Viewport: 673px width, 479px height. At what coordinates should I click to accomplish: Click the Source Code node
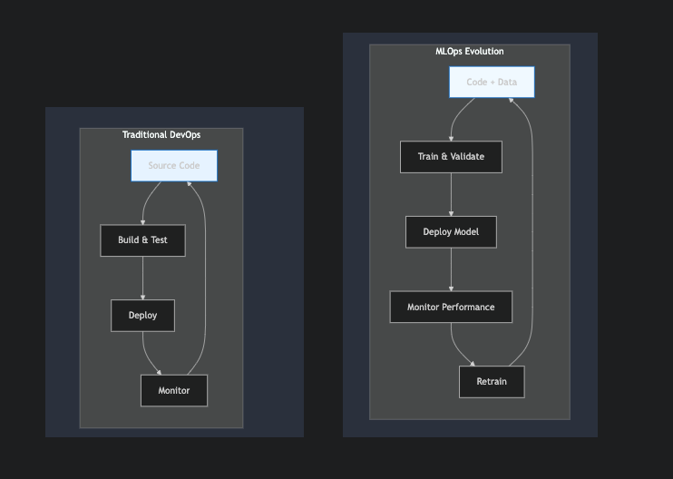[x=174, y=166]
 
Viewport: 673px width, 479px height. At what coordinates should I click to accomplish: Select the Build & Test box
[x=142, y=240]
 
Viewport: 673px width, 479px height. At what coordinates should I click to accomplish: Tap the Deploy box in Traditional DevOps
[x=142, y=316]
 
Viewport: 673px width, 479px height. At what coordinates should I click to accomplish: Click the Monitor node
[x=174, y=390]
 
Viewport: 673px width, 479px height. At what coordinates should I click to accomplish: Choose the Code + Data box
[x=492, y=82]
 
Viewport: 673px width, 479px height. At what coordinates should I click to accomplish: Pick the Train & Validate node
[x=451, y=157]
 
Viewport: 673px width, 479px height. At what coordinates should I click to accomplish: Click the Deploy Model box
[x=451, y=231]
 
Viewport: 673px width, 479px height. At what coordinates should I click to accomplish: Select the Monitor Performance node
[x=451, y=307]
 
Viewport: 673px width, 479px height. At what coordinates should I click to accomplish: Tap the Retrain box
[x=492, y=381]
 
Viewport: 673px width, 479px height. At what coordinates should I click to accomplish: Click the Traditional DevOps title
[x=161, y=135]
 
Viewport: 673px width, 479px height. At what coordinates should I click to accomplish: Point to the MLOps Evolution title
[x=469, y=52]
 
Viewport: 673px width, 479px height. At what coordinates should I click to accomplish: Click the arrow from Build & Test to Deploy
[x=142, y=278]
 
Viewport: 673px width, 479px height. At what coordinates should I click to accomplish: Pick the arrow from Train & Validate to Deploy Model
[x=451, y=194]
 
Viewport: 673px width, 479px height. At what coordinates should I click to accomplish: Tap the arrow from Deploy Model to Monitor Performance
[x=451, y=269]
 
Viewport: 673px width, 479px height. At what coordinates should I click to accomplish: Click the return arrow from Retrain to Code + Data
[x=531, y=227]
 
